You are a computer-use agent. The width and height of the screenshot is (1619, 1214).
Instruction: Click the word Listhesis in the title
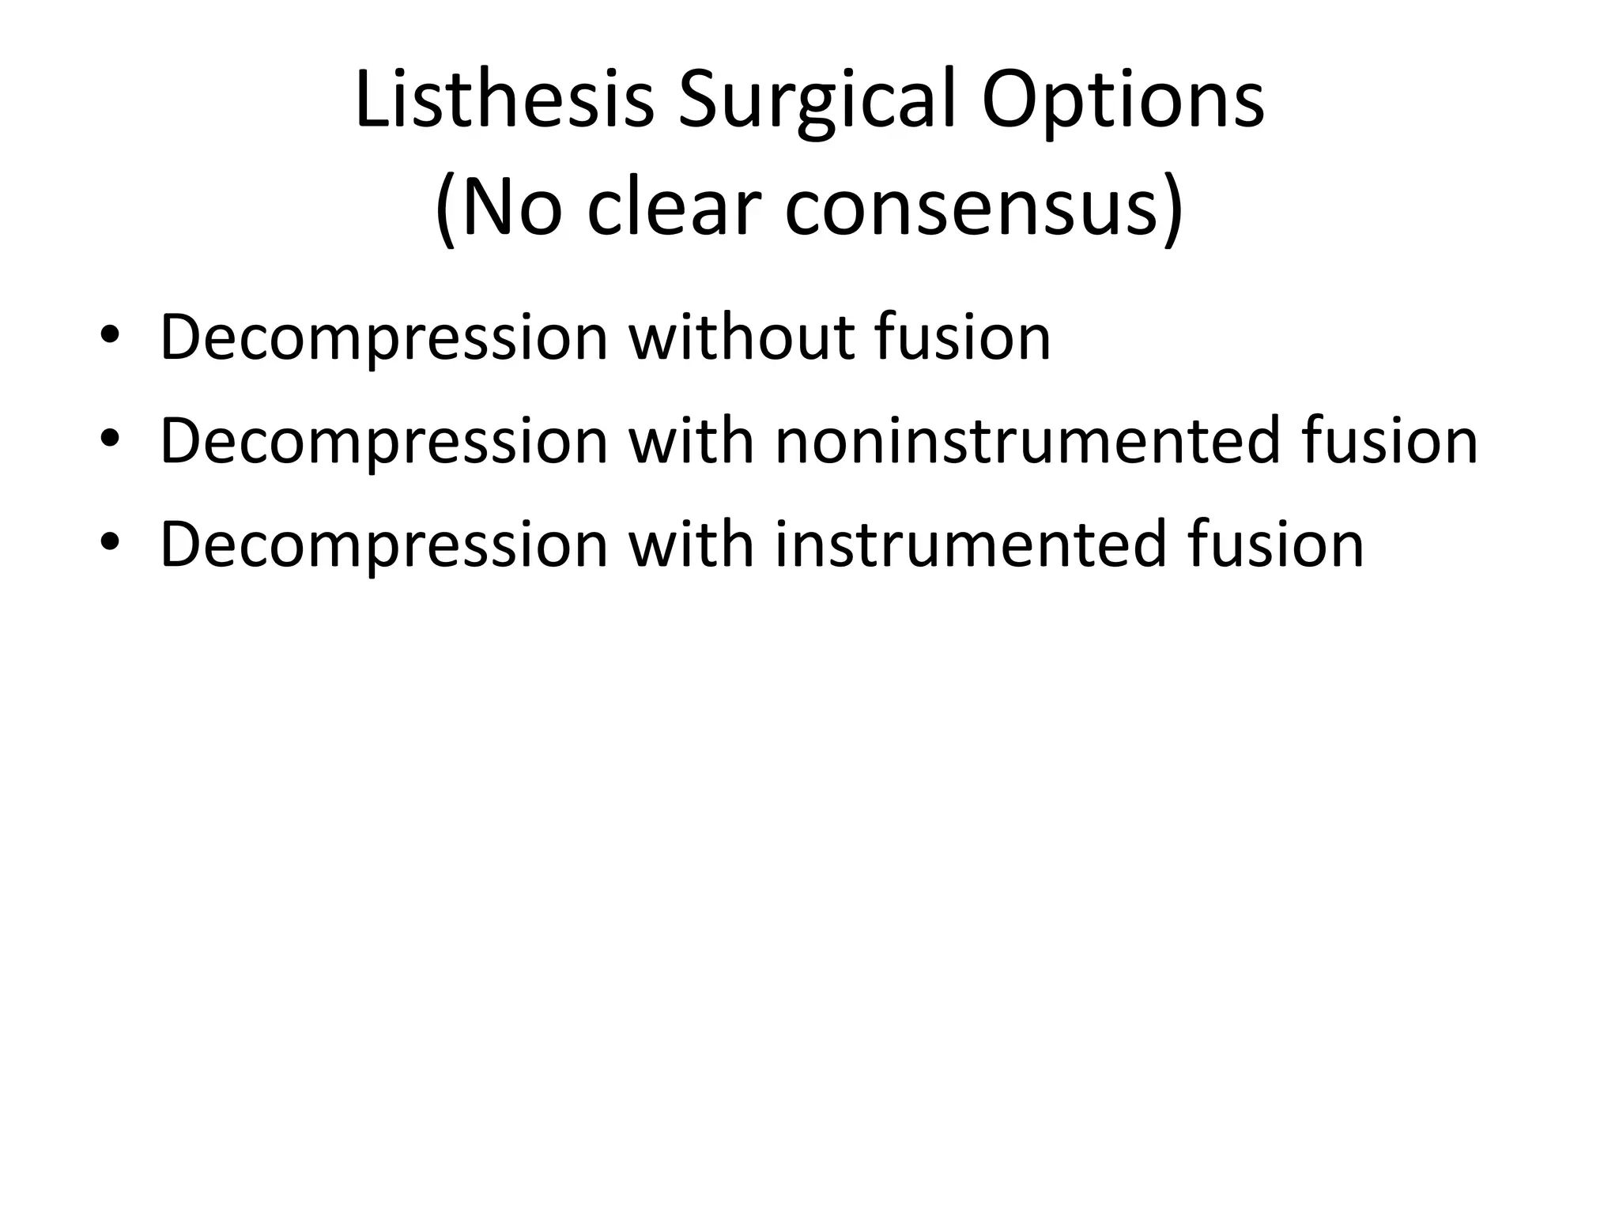point(504,100)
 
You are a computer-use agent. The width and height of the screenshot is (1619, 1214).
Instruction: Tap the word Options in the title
point(1123,100)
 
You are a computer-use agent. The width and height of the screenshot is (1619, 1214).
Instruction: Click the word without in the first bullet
point(742,337)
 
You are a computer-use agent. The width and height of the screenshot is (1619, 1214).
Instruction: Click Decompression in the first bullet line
point(384,337)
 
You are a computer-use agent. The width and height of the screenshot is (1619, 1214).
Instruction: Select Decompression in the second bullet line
point(384,441)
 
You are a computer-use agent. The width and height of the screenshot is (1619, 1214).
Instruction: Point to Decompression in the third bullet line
point(384,545)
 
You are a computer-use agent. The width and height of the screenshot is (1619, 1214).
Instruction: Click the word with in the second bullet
point(691,441)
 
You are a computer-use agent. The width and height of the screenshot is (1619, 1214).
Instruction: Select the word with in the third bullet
point(691,545)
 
